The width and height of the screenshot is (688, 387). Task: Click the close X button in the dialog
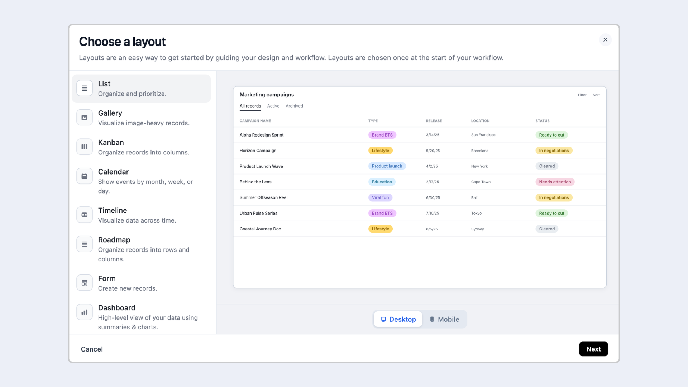pyautogui.click(x=605, y=40)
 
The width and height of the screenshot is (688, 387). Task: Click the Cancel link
pyautogui.click(x=92, y=349)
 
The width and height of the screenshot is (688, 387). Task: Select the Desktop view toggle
pyautogui.click(x=398, y=319)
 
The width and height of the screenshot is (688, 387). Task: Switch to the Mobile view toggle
pyautogui.click(x=444, y=319)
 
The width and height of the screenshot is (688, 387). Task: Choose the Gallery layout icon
pyautogui.click(x=85, y=118)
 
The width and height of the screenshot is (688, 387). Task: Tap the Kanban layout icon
pyautogui.click(x=85, y=147)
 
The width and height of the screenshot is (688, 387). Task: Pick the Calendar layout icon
pyautogui.click(x=85, y=176)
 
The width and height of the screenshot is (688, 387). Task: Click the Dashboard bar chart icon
pyautogui.click(x=85, y=312)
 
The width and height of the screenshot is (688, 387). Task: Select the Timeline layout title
pyautogui.click(x=113, y=210)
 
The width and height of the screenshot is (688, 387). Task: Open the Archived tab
pyautogui.click(x=294, y=106)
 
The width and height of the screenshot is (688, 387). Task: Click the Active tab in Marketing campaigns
pyautogui.click(x=273, y=106)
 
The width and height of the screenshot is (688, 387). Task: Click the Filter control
pyautogui.click(x=582, y=95)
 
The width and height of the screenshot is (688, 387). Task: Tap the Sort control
pyautogui.click(x=596, y=95)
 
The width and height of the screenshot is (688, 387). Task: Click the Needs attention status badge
pyautogui.click(x=555, y=182)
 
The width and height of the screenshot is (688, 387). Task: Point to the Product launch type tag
pyautogui.click(x=387, y=166)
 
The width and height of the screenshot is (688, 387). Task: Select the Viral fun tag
pyautogui.click(x=380, y=197)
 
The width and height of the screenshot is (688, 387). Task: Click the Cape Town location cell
pyautogui.click(x=481, y=182)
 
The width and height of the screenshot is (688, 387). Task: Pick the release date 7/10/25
pyautogui.click(x=433, y=213)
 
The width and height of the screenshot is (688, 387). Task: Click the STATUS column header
pyautogui.click(x=543, y=121)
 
